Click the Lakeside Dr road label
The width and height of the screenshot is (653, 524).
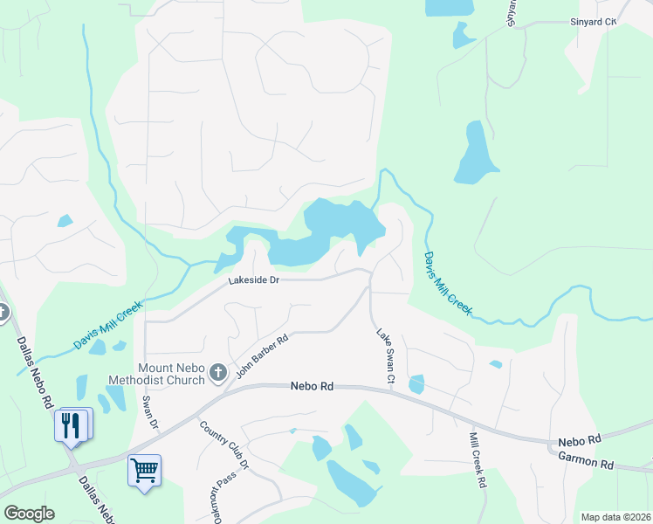click(x=253, y=280)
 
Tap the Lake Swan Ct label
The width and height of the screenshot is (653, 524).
click(x=385, y=356)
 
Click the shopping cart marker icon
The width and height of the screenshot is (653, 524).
click(x=144, y=470)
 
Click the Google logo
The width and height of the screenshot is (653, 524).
click(x=29, y=514)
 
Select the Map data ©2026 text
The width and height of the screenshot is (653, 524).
click(x=615, y=517)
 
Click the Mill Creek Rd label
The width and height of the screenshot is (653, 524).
click(x=477, y=459)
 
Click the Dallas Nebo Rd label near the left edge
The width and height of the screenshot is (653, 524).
click(x=34, y=371)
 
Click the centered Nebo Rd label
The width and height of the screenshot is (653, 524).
click(x=312, y=386)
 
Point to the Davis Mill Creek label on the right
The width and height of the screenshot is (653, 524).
click(x=448, y=283)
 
